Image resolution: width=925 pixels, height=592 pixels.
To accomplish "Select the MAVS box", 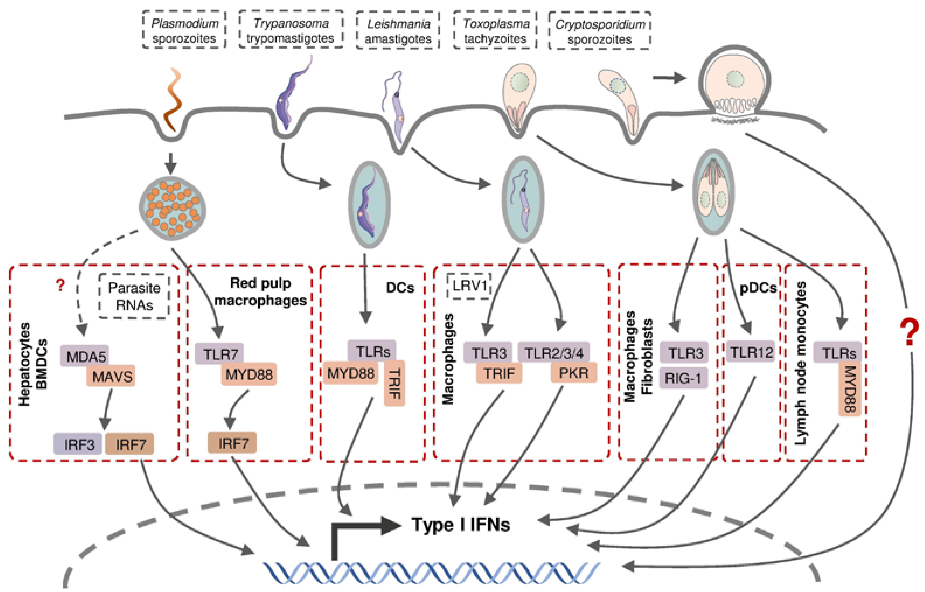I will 112,376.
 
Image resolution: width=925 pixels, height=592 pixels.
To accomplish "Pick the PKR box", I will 573,373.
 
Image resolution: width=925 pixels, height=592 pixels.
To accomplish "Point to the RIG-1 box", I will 684,378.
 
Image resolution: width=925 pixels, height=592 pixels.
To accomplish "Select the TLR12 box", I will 751,352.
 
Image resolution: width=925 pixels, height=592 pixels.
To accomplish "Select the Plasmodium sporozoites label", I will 184,30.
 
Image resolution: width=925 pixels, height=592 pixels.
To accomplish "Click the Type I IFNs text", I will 461,524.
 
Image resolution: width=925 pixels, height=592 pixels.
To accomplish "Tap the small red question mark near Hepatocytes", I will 60,285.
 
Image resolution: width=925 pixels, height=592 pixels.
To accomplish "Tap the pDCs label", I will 758,288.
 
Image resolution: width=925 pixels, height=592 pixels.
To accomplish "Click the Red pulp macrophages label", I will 260,292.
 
